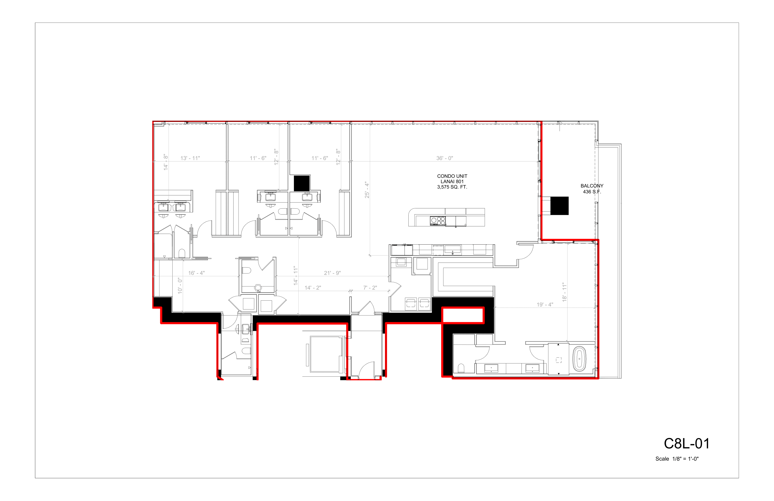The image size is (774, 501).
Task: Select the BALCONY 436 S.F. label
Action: (x=592, y=189)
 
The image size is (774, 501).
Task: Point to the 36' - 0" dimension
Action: (x=445, y=158)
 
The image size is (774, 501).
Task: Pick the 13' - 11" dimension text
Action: (x=190, y=158)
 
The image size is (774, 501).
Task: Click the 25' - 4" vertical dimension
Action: (x=367, y=190)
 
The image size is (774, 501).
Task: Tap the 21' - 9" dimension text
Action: (x=332, y=273)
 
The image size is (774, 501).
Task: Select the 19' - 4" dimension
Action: (x=545, y=304)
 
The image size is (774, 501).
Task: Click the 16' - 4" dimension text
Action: (x=196, y=273)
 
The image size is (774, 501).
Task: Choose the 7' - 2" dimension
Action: (x=370, y=288)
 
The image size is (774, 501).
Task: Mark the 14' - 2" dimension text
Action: (x=313, y=288)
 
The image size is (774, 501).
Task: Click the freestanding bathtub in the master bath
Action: (x=579, y=359)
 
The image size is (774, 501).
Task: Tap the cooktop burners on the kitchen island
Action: (x=438, y=221)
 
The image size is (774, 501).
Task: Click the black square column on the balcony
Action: (x=559, y=206)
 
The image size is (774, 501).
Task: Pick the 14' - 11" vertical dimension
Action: (x=296, y=276)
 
